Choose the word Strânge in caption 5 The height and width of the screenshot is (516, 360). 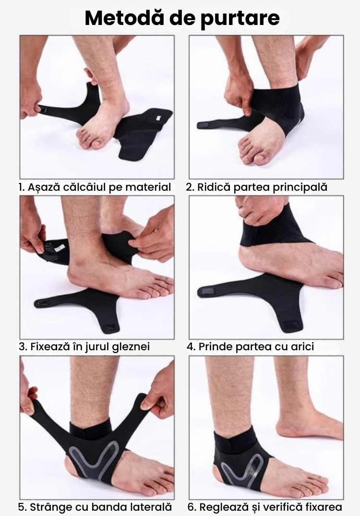(51, 506)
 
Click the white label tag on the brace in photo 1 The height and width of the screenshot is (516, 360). (157, 117)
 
